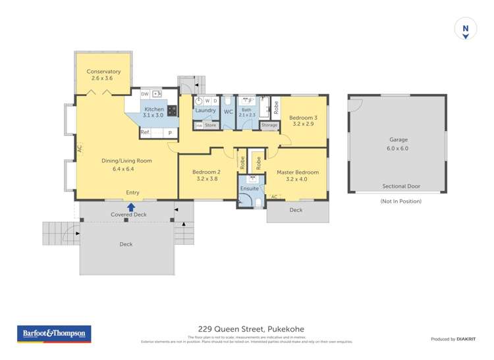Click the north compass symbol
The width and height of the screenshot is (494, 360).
[x=466, y=29]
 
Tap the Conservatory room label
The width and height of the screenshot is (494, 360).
[x=103, y=71]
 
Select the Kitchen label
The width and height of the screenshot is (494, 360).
[x=154, y=109]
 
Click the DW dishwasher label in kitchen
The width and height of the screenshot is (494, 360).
[x=145, y=93]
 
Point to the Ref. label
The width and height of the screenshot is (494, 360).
[x=145, y=132]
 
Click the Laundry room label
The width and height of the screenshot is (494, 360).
[x=206, y=111]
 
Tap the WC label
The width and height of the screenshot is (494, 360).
[x=229, y=112]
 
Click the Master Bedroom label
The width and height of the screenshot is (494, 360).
[x=298, y=172]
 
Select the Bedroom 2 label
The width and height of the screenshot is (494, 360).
[x=206, y=172]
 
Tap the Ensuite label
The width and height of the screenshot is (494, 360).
[x=250, y=188]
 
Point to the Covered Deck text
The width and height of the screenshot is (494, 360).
[x=128, y=215]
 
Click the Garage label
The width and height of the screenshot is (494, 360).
[x=398, y=140]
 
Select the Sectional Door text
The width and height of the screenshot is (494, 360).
[x=401, y=186]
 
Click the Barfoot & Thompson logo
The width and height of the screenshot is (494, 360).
[x=54, y=334]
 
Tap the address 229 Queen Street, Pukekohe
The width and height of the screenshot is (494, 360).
[x=251, y=329]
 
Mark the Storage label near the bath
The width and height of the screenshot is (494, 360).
[x=269, y=125]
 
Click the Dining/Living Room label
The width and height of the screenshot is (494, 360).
[x=126, y=161]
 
